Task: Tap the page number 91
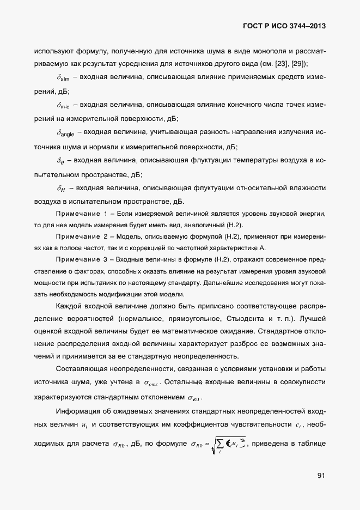(x=321, y=476)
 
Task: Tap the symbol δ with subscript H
(x=61, y=188)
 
